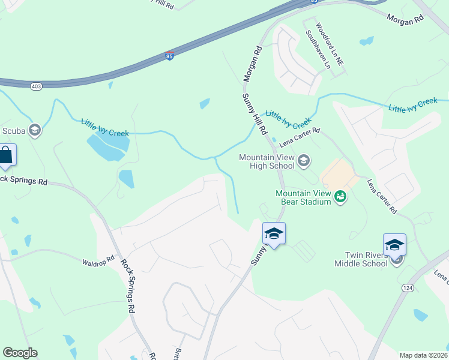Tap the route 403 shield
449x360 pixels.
pos(36,86)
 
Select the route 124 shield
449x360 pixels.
pos(408,289)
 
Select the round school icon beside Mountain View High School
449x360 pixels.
pos(304,160)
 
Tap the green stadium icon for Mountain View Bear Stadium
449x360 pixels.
pos(340,196)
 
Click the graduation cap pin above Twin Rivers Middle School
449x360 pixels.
pos(394,245)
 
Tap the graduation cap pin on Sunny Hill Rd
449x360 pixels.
pos(274,233)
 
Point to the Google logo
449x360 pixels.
pos(20,353)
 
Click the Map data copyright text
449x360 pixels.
pos(423,355)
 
